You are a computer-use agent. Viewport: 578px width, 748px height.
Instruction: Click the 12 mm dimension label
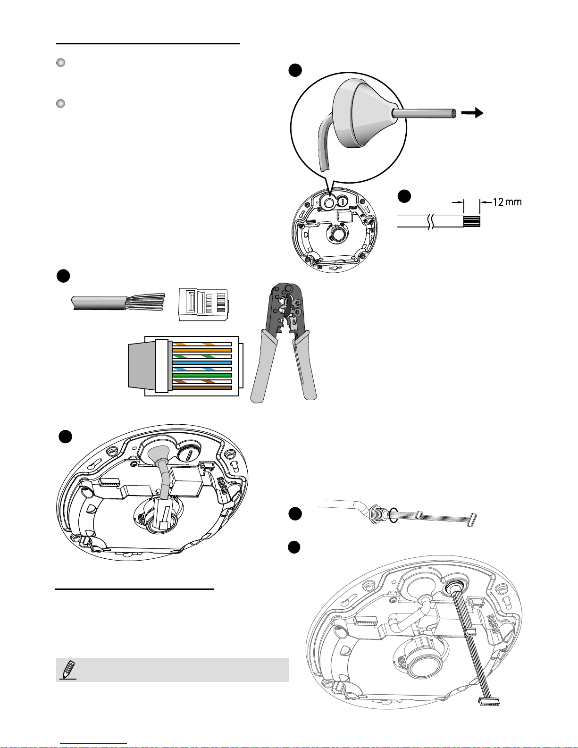click(508, 202)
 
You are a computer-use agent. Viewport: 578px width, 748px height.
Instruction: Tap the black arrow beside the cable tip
click(472, 112)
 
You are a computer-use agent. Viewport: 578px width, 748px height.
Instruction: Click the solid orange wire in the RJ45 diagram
click(202, 350)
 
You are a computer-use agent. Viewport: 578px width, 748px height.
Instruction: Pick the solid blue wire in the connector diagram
click(202, 363)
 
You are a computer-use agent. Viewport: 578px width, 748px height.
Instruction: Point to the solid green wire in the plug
click(202, 376)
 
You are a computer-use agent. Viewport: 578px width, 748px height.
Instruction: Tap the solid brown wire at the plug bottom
click(202, 388)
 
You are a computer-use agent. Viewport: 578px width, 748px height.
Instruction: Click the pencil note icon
click(68, 670)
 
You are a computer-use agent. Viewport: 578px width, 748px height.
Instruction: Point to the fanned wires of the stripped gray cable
click(146, 302)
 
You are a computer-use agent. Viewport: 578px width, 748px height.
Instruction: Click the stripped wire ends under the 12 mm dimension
click(472, 221)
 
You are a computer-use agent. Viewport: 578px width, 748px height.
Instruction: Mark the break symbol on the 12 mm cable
click(430, 221)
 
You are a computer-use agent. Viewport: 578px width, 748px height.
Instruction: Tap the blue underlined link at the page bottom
click(93, 744)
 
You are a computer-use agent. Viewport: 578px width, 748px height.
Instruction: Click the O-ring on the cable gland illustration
click(394, 515)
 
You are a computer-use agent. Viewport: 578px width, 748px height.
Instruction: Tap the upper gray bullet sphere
click(61, 63)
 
